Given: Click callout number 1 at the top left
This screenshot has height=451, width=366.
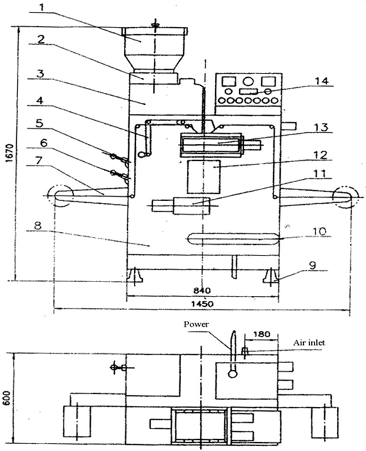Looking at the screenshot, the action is click(x=42, y=6).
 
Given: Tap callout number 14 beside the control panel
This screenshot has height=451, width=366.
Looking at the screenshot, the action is click(x=321, y=81).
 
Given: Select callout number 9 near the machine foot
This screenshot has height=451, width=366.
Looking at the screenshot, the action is click(x=312, y=265).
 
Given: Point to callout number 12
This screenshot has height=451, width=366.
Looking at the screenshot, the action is click(x=320, y=155).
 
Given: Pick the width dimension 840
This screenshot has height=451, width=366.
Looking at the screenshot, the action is click(x=202, y=290).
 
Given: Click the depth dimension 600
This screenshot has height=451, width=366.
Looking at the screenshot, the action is click(x=7, y=398).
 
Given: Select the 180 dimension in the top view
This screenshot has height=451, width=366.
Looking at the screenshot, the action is click(x=262, y=334).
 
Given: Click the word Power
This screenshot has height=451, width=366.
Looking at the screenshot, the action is click(x=196, y=325).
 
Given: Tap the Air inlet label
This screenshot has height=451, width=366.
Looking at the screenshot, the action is click(x=309, y=343).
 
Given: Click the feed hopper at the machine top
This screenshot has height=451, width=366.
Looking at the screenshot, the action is click(x=155, y=49).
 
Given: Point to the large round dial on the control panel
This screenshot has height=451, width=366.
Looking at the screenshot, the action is click(x=248, y=82).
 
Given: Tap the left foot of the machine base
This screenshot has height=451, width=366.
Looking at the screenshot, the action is click(x=135, y=275).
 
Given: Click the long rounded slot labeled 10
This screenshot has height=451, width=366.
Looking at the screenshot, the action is click(x=233, y=239).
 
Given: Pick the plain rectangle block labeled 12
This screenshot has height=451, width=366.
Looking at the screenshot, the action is click(x=204, y=177).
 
